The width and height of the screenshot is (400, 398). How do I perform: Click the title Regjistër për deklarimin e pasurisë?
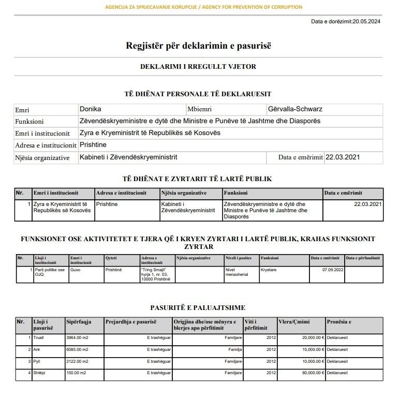pyautogui.click(x=199, y=46)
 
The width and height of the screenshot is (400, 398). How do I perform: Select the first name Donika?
pyautogui.click(x=91, y=109)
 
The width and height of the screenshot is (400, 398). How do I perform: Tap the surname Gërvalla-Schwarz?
pyautogui.click(x=295, y=109)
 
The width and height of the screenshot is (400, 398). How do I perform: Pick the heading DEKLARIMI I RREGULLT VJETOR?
pyautogui.click(x=198, y=67)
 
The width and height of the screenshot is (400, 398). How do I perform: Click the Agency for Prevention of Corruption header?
pyautogui.click(x=203, y=7)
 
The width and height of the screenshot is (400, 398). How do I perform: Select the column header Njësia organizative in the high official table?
pyautogui.click(x=184, y=193)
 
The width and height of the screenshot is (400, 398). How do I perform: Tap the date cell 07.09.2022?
pyautogui.click(x=333, y=270)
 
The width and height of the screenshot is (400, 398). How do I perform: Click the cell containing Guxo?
pyautogui.click(x=76, y=270)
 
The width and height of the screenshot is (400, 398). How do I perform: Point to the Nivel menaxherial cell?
pyautogui.click(x=236, y=272)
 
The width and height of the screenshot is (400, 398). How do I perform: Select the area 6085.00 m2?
pyautogui.click(x=78, y=349)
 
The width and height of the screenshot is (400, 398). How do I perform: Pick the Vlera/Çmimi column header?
pyautogui.click(x=294, y=322)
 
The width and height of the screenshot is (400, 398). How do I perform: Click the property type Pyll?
pyautogui.click(x=37, y=361)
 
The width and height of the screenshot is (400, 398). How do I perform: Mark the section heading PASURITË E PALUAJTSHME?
pyautogui.click(x=198, y=308)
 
